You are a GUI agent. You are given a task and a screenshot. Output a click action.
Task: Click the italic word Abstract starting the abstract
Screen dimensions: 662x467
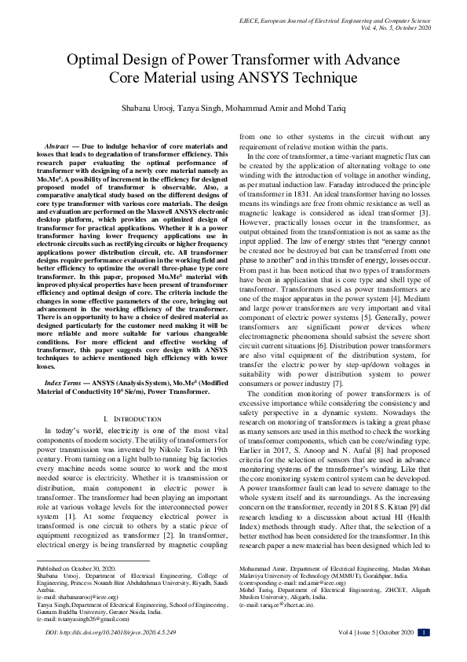pos(57,146)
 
